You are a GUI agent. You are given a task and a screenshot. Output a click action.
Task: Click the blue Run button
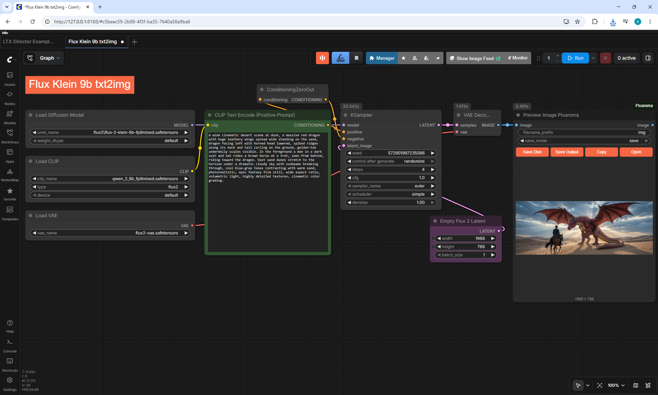(575, 58)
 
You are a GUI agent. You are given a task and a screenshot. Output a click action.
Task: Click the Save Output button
(567, 152)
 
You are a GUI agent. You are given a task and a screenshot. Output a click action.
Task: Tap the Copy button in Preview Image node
(601, 152)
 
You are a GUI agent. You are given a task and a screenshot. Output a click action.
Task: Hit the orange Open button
(636, 152)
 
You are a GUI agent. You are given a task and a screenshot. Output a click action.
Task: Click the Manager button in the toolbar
(382, 58)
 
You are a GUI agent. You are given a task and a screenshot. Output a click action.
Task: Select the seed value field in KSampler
(391, 153)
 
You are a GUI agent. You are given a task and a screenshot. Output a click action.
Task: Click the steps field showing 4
(391, 170)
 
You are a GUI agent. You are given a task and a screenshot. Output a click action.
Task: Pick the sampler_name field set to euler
(391, 186)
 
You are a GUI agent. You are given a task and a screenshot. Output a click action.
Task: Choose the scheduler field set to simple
(391, 194)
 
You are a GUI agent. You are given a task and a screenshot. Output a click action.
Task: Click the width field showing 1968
(466, 239)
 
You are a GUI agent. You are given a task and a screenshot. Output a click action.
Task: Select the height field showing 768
(466, 247)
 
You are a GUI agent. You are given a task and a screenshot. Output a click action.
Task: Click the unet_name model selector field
(110, 132)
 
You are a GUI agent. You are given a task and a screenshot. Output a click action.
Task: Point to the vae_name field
(110, 233)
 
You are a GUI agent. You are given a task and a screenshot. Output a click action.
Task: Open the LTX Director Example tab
(28, 42)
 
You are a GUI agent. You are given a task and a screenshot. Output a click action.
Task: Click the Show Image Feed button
(475, 58)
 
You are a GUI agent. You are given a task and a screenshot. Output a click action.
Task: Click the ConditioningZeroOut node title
(290, 90)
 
